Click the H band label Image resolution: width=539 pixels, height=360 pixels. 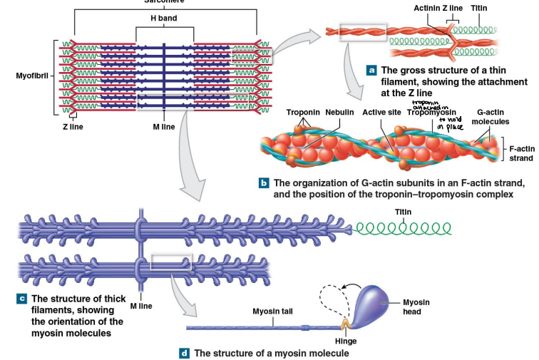(x=164, y=17)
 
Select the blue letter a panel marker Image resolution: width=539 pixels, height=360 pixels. (x=371, y=70)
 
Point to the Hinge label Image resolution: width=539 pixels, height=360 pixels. (x=346, y=341)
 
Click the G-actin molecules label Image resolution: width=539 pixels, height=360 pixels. (x=493, y=117)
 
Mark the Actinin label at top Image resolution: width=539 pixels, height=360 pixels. (x=428, y=8)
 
